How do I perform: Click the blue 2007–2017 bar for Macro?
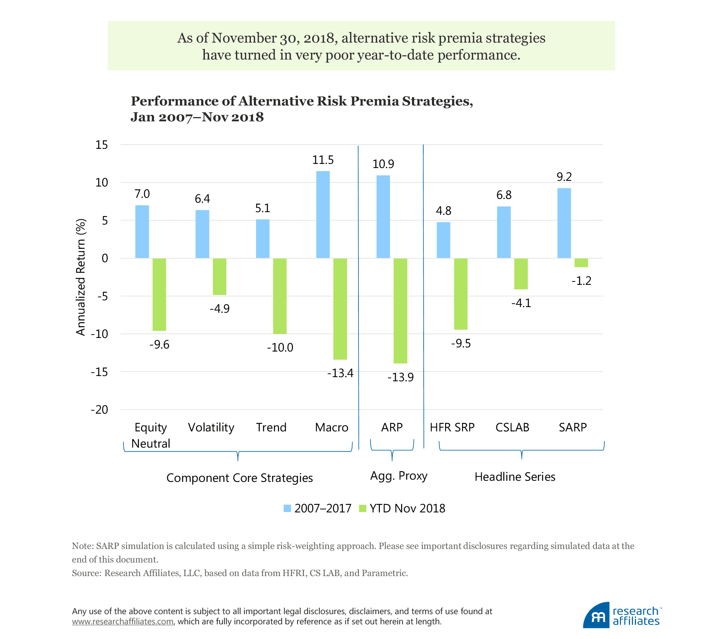click(323, 215)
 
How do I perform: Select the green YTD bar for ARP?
click(400, 311)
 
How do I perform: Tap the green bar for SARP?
click(581, 263)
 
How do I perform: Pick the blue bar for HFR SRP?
click(443, 240)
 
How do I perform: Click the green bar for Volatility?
click(220, 277)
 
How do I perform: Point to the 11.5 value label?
click(323, 160)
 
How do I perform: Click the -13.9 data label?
click(400, 377)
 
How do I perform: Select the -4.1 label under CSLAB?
click(521, 303)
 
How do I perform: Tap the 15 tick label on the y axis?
click(101, 145)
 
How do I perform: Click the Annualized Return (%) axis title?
click(81, 277)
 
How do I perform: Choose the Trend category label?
click(271, 427)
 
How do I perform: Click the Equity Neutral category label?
click(151, 435)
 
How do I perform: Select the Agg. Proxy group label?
click(399, 476)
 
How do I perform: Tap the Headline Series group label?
click(515, 477)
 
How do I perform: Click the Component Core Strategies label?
click(239, 478)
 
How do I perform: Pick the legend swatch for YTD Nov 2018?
click(363, 508)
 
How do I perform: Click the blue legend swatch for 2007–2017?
click(287, 508)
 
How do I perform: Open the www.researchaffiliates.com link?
click(123, 621)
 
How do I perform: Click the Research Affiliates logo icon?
click(596, 616)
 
